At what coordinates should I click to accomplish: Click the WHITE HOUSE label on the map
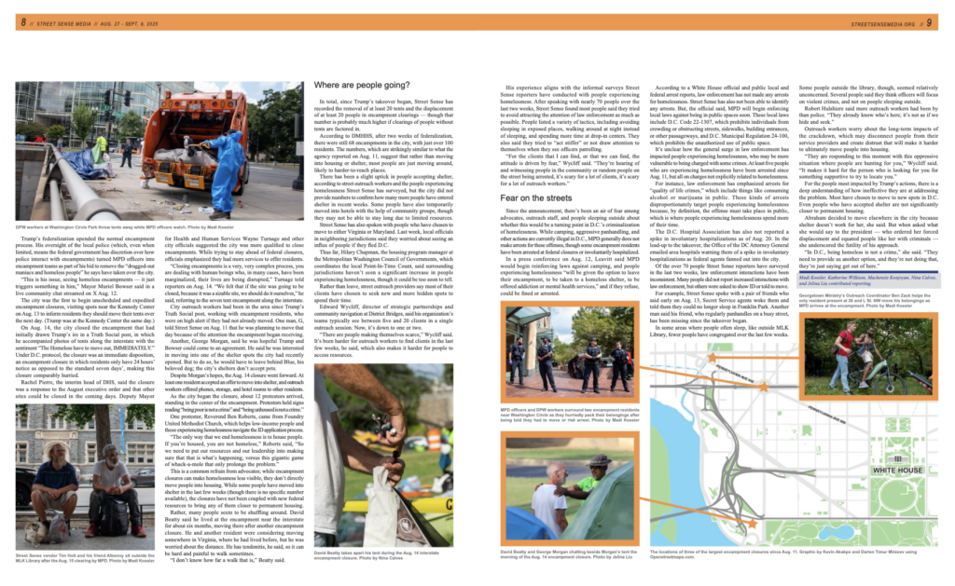point(890,471)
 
